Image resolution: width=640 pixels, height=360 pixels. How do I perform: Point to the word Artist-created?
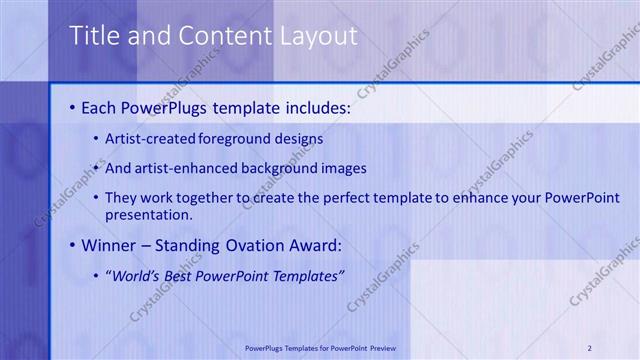pos(150,138)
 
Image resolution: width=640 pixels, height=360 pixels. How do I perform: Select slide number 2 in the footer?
pos(590,348)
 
